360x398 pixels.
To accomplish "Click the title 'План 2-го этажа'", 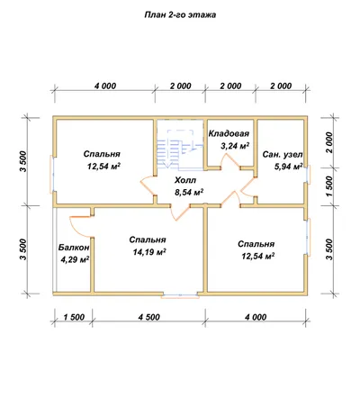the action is tap(180, 15).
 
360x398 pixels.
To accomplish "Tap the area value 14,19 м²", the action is tap(149, 252).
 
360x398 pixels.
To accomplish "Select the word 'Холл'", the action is tap(185, 180).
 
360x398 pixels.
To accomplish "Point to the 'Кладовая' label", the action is tap(229, 133).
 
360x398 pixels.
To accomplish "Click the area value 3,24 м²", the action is tap(235, 146).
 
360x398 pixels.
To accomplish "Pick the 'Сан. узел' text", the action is tap(283, 154).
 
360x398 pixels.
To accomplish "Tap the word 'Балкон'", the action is tap(74, 248).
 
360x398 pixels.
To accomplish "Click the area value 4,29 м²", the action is tap(75, 259).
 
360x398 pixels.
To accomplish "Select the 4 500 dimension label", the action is tap(149, 317).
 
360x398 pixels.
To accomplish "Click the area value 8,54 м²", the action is tap(189, 192).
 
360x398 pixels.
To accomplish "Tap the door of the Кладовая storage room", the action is tap(230, 163).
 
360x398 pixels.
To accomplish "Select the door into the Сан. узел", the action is tap(247, 186).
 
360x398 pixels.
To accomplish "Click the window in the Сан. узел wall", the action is tap(308, 174).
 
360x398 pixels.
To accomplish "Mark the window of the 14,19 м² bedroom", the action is tap(180, 296).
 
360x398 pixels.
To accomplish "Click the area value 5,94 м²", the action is tap(289, 167).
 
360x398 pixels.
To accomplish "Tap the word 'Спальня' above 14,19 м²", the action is tap(148, 240).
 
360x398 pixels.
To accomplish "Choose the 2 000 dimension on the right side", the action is tap(329, 142).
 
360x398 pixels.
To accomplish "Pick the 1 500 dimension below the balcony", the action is tap(74, 317).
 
